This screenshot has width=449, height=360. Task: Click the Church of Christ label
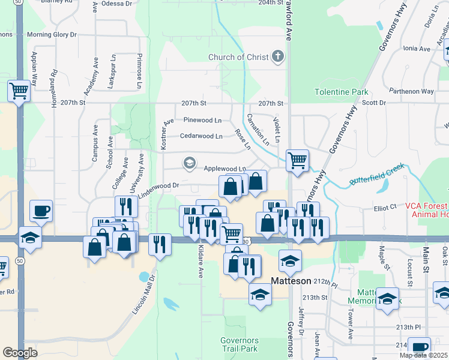(x=237, y=58)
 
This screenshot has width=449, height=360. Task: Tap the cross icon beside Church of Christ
(x=277, y=58)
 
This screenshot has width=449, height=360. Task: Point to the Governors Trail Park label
(x=239, y=344)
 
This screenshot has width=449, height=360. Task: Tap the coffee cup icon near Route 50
(x=41, y=211)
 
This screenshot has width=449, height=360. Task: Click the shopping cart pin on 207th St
(x=19, y=91)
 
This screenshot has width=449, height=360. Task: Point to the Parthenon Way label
(x=411, y=91)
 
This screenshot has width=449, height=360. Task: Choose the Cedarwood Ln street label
(x=200, y=136)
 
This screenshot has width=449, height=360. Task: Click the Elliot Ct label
(x=385, y=206)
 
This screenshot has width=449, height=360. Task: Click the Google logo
(x=20, y=353)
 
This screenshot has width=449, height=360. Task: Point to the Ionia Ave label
(x=417, y=49)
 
